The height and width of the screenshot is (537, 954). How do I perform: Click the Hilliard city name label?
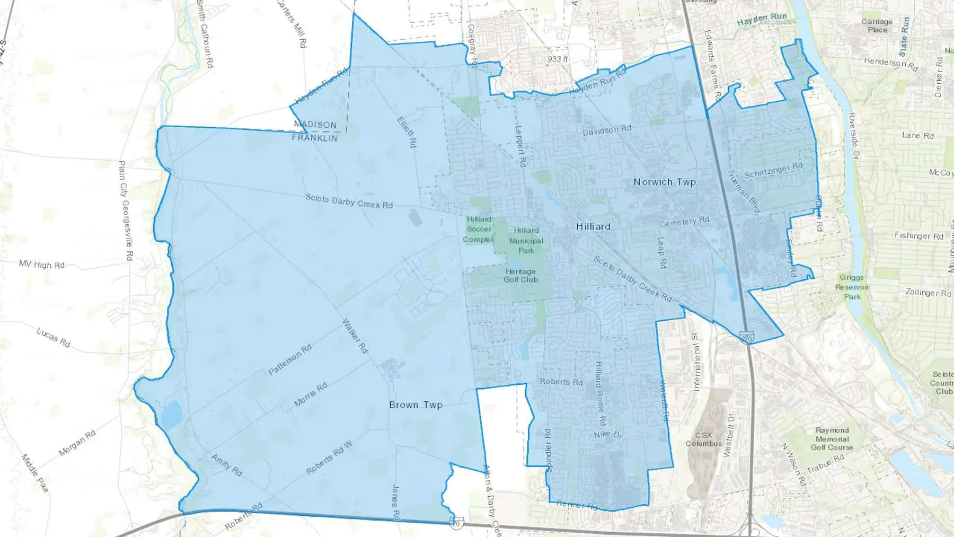593,226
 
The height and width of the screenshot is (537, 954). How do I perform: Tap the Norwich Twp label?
665,182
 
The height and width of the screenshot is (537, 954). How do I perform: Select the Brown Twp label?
416,404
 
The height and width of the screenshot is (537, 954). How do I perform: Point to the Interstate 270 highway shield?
747,338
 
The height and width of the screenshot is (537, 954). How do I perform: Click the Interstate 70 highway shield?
455,523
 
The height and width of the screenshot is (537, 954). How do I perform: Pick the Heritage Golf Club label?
520,275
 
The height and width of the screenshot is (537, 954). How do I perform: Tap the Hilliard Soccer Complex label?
479,229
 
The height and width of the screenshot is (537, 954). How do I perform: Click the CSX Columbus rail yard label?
703,439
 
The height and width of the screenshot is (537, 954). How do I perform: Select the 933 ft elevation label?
557,59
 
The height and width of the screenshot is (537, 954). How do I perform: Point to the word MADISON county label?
315,125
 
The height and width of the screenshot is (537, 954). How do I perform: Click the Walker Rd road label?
355,336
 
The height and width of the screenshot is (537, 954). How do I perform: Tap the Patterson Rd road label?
290,360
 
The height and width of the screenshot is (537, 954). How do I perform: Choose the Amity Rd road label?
227,464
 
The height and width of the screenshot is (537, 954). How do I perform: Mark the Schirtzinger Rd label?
773,170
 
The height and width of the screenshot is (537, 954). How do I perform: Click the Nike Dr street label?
608,434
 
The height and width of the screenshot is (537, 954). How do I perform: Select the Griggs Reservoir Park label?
852,287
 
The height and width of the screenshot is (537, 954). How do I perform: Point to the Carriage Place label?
877,25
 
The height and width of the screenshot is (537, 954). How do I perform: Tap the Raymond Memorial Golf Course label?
832,438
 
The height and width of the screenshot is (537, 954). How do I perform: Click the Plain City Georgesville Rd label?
125,210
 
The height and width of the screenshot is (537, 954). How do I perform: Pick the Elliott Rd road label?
407,132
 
